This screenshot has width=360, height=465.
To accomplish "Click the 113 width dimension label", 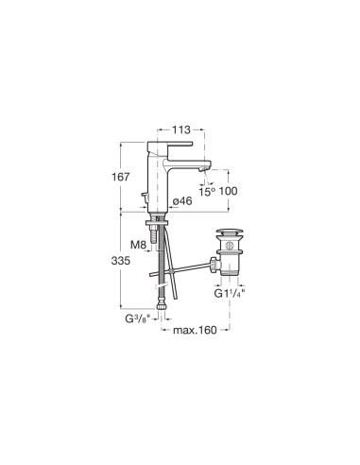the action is [x=181, y=129].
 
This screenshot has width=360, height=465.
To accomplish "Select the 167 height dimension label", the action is [x=120, y=177].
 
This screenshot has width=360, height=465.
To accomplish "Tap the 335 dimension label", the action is [x=120, y=261].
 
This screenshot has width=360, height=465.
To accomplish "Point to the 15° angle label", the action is [x=207, y=191].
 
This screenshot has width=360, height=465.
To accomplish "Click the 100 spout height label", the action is [x=228, y=191].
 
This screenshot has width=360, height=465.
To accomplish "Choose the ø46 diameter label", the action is [x=182, y=200].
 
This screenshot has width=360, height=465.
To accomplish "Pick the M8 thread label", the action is [x=138, y=244].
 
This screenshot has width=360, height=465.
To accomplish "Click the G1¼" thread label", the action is [x=230, y=293].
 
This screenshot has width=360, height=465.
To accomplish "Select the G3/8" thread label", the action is [x=137, y=319].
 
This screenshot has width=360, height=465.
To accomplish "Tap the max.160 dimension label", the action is [x=195, y=330].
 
